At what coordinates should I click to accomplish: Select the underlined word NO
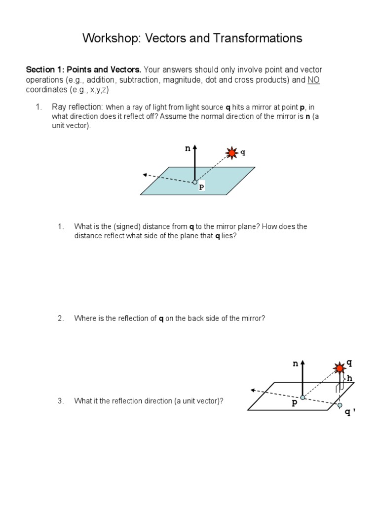[313, 80]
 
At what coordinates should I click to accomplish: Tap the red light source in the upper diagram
[232, 153]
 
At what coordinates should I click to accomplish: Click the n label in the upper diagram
[188, 148]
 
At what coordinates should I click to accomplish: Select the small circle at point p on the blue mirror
[195, 182]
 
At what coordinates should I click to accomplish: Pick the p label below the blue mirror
[201, 188]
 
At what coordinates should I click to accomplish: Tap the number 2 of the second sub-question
[60, 319]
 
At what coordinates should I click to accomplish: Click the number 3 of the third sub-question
[60, 401]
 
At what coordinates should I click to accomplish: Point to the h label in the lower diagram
[350, 378]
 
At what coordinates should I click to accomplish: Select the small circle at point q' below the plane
[340, 405]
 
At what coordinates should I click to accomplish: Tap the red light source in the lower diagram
[340, 368]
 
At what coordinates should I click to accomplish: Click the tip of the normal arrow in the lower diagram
[303, 361]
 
